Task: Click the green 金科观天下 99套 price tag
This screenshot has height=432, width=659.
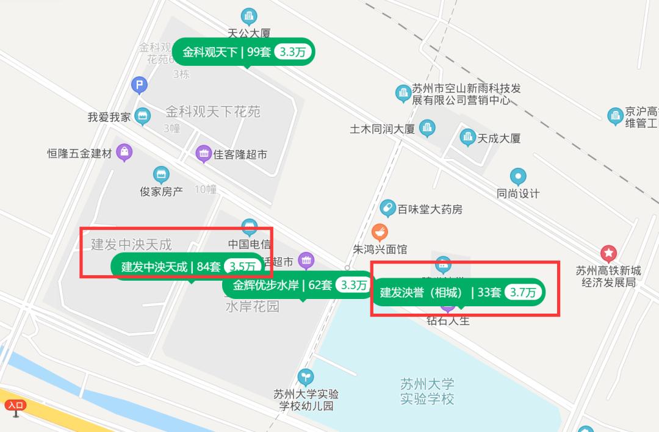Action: pyautogui.click(x=243, y=52)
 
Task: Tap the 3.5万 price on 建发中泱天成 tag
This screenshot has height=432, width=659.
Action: pyautogui.click(x=242, y=267)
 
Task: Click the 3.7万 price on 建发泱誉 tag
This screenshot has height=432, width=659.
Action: pyautogui.click(x=524, y=293)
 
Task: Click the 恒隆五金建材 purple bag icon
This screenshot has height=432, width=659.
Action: pyautogui.click(x=124, y=152)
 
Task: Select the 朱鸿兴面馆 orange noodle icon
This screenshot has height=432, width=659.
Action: pyautogui.click(x=380, y=232)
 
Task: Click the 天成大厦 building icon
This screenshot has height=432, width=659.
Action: pyautogui.click(x=468, y=138)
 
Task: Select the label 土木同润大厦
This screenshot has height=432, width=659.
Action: pyautogui.click(x=382, y=129)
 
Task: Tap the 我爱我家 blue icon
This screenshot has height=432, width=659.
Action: pyautogui.click(x=142, y=116)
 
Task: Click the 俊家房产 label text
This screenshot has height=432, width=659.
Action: pyautogui.click(x=161, y=192)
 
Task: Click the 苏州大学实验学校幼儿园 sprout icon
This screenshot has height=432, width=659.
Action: pyautogui.click(x=305, y=376)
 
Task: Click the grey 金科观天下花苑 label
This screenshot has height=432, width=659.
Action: pyautogui.click(x=213, y=112)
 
